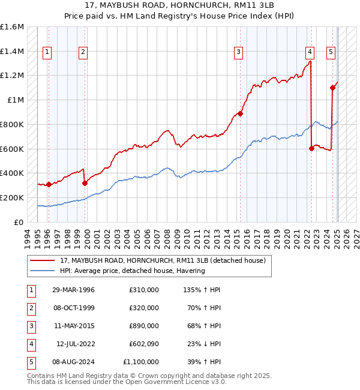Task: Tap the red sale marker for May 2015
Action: click(x=240, y=113)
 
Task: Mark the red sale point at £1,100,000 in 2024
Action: click(x=332, y=88)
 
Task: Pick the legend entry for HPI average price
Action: click(x=132, y=271)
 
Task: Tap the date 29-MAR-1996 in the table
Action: click(x=73, y=289)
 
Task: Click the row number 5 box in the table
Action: click(x=29, y=362)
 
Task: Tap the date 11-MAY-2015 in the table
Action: click(x=73, y=325)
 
